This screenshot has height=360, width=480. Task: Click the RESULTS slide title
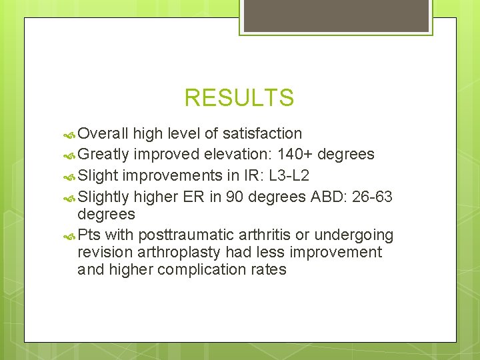(x=239, y=98)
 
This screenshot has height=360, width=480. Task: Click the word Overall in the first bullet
(x=103, y=134)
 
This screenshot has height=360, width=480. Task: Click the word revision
(x=104, y=253)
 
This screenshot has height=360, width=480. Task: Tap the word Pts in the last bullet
(x=89, y=235)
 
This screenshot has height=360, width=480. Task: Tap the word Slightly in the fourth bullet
(x=103, y=196)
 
